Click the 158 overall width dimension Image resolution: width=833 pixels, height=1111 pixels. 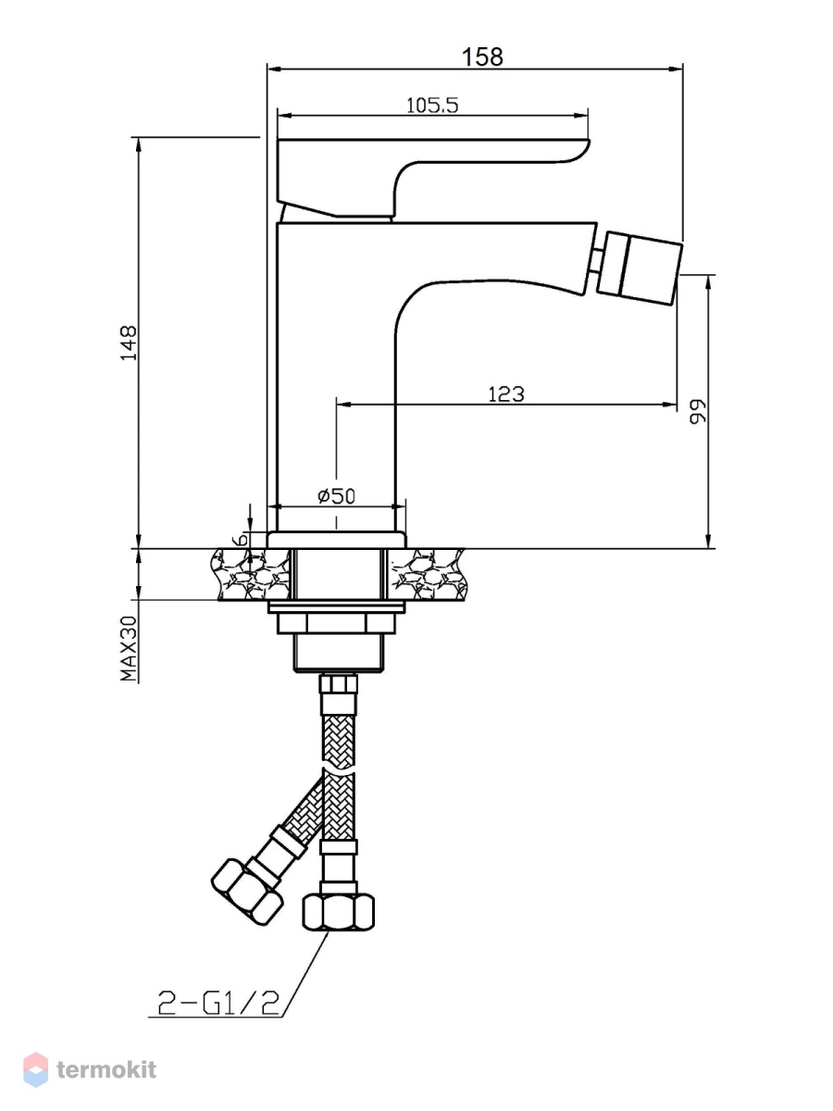pos(482,56)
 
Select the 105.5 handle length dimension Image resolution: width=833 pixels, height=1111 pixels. pos(432,106)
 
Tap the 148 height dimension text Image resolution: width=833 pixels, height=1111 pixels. pos(129,343)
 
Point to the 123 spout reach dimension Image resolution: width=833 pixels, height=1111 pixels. pos(505,393)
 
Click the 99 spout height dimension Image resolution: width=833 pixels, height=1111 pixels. pos(698,411)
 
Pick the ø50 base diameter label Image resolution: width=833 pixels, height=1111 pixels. pos(336,495)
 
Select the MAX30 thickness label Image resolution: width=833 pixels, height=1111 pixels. pos(129,648)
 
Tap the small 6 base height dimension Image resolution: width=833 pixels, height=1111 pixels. pos(242,538)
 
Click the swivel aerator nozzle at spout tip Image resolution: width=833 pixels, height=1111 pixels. pos(640,268)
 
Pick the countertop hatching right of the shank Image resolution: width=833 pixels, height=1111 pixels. pos(427,575)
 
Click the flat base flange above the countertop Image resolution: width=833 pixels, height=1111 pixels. pos(336,540)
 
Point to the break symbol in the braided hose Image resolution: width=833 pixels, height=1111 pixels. pos(339,772)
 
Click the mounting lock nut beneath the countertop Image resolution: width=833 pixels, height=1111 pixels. pos(336,622)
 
